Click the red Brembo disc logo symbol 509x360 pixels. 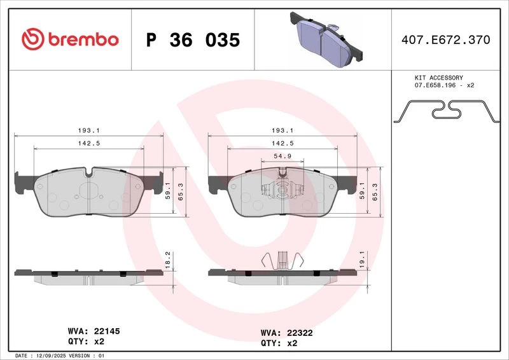click(33, 39)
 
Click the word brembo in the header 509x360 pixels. click(83, 39)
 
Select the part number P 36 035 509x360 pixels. click(193, 40)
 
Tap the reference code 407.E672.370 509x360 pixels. click(446, 40)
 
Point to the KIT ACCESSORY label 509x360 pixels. click(438, 78)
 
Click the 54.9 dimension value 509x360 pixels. click(282, 156)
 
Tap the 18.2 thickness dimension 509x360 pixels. click(168, 260)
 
